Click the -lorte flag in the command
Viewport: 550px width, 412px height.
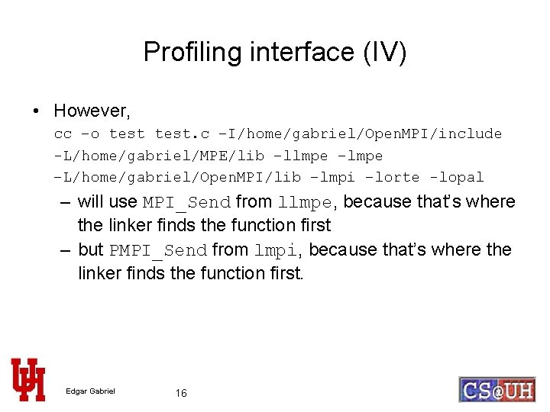coord(392,177)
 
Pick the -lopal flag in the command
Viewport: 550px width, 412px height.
coord(456,177)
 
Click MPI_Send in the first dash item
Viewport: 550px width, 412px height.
coord(186,203)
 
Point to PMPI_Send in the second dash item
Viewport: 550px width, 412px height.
coord(158,250)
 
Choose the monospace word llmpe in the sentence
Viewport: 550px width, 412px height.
coord(306,203)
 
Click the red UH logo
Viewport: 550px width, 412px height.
coord(27,379)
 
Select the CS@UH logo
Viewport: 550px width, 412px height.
coord(497,389)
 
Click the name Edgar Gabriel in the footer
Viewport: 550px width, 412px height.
coord(90,392)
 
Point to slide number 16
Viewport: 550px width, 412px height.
coord(181,393)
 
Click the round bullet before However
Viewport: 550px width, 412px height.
coord(37,111)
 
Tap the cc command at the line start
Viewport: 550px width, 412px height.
coord(63,134)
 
